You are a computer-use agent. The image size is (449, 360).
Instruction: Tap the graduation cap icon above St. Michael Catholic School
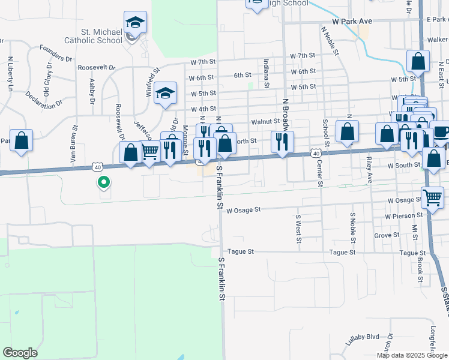tap(135, 23)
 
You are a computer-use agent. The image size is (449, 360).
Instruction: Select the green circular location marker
tap(104, 182)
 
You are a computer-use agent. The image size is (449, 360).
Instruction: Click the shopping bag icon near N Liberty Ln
tap(21, 140)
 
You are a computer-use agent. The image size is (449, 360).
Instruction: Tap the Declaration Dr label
tap(44, 98)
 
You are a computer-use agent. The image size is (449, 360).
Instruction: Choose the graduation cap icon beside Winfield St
tap(165, 94)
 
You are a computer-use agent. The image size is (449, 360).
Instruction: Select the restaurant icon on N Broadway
tap(281, 142)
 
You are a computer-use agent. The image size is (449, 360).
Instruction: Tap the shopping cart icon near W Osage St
tap(432, 197)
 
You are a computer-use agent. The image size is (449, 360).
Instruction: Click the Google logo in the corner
tap(20, 353)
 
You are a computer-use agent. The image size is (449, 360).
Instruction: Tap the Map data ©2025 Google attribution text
tap(412, 355)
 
